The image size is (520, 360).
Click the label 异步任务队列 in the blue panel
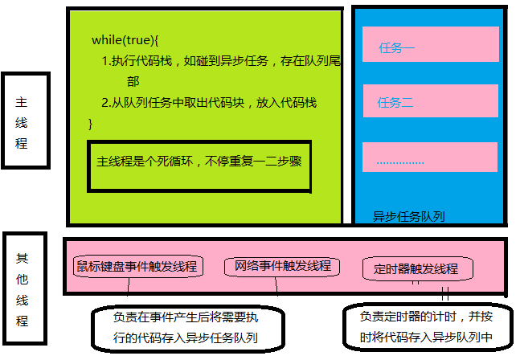click(409, 215)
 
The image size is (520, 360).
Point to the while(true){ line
click(126, 40)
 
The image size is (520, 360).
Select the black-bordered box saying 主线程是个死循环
click(198, 165)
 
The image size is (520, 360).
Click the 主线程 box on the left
click(25, 121)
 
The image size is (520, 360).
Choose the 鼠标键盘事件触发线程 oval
click(138, 266)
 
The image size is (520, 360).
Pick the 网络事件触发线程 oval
click(283, 266)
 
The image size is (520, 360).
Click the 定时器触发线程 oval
click(417, 268)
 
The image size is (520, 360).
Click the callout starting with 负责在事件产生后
click(186, 328)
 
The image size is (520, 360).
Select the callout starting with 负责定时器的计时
click(426, 325)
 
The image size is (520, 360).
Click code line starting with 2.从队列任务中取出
click(209, 103)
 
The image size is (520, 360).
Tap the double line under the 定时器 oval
click(444, 292)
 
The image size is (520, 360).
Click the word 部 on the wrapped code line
click(133, 82)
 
